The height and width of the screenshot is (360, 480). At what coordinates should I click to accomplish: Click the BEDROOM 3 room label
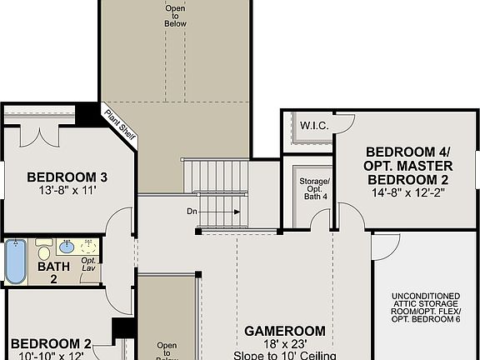click(x=67, y=177)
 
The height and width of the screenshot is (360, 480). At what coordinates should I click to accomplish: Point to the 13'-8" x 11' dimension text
click(x=67, y=190)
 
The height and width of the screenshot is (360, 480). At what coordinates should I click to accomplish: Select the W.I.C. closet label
click(x=313, y=126)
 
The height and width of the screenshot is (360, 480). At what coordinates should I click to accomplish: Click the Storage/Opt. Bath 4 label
click(x=314, y=189)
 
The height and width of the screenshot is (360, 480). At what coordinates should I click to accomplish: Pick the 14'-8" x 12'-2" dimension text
click(x=408, y=192)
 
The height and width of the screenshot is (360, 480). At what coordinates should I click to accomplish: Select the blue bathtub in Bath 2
click(x=15, y=261)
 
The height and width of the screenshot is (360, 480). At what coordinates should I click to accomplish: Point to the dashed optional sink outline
click(x=89, y=247)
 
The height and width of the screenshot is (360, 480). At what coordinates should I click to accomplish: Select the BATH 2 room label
click(x=52, y=272)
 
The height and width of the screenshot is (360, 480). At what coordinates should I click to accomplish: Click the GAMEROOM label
click(x=284, y=331)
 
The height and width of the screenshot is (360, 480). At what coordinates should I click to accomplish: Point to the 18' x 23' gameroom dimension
click(x=284, y=343)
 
